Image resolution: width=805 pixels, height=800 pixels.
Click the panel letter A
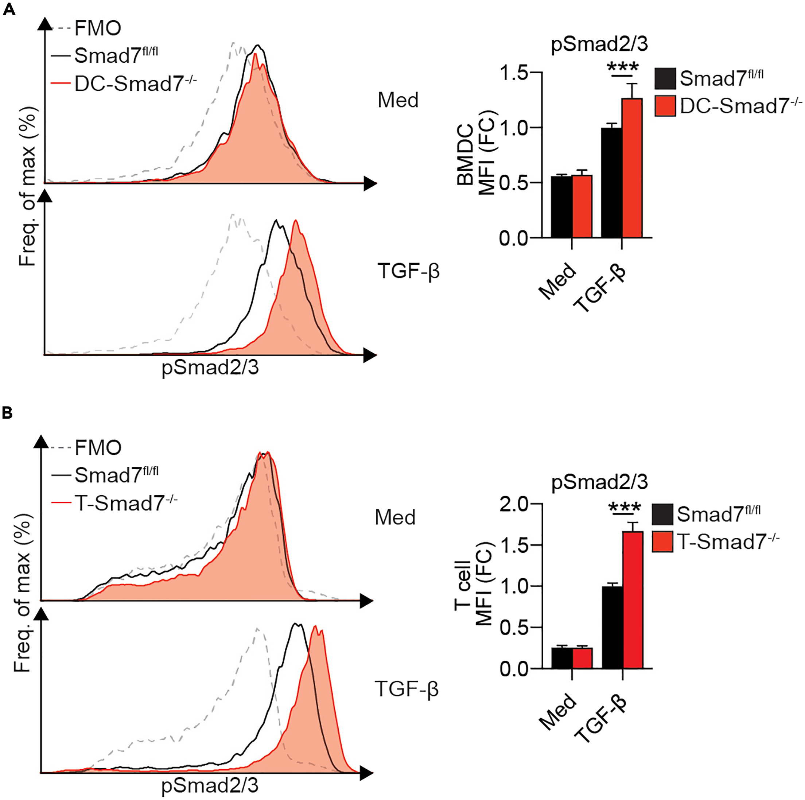pyautogui.click(x=9, y=9)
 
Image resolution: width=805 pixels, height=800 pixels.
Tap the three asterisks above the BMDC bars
pyautogui.click(x=622, y=67)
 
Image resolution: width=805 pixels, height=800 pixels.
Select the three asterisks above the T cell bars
pyautogui.click(x=624, y=507)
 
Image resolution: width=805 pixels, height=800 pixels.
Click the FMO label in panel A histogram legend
pyautogui.click(x=98, y=28)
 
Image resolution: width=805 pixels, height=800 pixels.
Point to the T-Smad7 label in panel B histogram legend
pyautogui.click(x=125, y=503)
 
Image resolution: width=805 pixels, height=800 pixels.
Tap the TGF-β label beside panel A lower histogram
pyautogui.click(x=408, y=271)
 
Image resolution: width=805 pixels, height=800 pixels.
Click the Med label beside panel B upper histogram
pyautogui.click(x=395, y=517)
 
